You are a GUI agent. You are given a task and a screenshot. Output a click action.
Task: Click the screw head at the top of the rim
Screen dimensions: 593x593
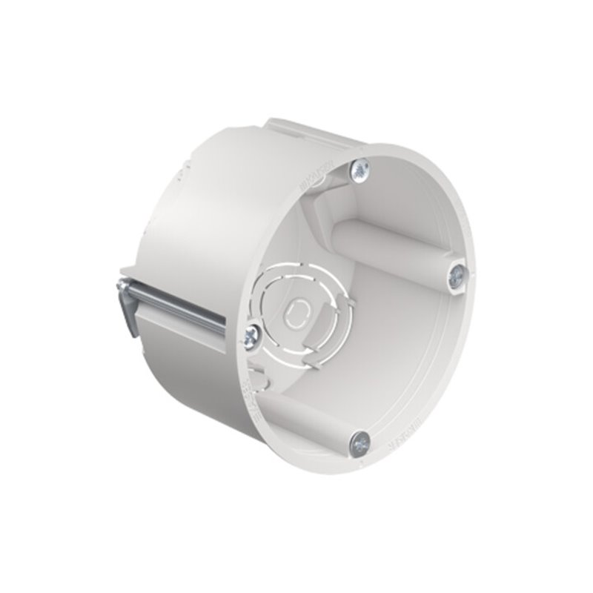pyautogui.click(x=360, y=169)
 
